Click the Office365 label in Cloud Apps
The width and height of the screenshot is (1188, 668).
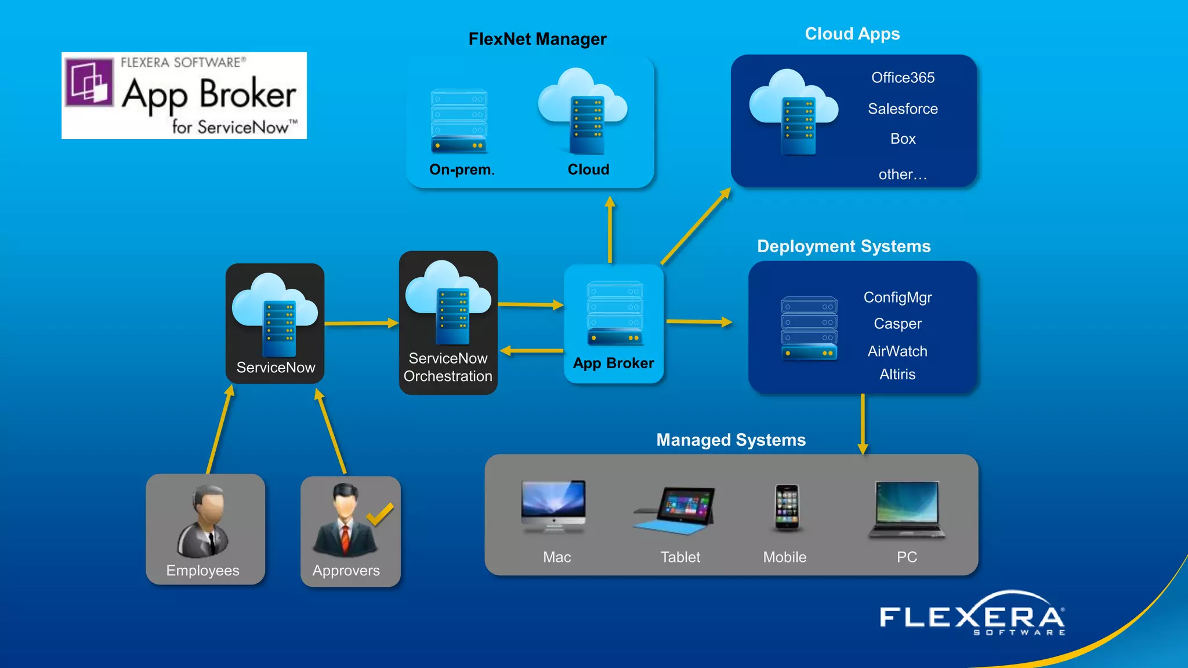(903, 78)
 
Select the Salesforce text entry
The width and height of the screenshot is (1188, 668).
(903, 109)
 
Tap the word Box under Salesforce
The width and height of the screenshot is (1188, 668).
(903, 139)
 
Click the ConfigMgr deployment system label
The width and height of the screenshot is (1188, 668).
(897, 297)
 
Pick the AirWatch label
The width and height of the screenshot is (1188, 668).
(897, 351)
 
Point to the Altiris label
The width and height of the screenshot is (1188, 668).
(897, 375)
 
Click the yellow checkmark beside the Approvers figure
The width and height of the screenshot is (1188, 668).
(380, 514)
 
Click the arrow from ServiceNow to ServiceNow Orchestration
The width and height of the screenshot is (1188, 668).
(361, 324)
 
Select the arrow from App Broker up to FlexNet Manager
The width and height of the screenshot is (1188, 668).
(610, 230)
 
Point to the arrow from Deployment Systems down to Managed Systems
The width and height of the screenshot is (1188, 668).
(863, 424)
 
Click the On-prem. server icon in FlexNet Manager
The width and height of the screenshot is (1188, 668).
(459, 121)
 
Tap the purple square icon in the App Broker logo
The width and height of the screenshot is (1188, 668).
(89, 82)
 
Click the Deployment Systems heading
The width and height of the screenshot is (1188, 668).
(843, 246)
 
